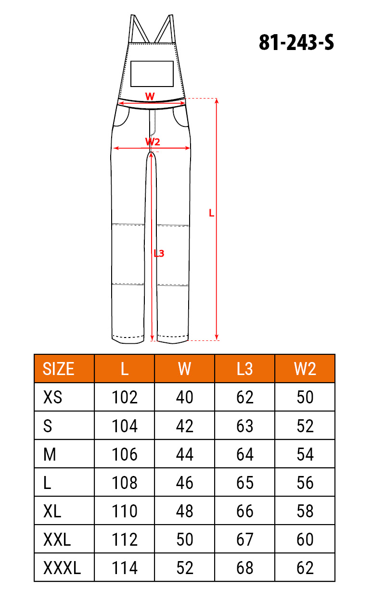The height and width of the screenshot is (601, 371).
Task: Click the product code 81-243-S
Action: [x=296, y=43]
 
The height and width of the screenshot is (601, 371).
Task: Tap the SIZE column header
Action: [x=58, y=369]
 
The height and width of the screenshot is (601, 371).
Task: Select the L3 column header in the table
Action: [x=244, y=369]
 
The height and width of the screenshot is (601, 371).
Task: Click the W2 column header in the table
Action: [x=305, y=369]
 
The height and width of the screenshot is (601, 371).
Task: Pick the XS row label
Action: [x=52, y=397]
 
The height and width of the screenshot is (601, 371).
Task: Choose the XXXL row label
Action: [x=62, y=568]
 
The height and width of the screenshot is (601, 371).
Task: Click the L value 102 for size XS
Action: [x=125, y=397]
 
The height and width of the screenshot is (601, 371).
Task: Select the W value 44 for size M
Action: [x=185, y=454]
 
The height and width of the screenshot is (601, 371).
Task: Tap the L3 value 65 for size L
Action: [x=245, y=483]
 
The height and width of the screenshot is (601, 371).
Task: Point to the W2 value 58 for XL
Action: [x=305, y=511]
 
